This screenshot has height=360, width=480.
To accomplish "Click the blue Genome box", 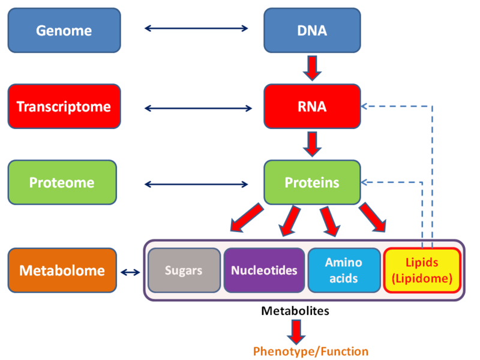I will coord(64,30).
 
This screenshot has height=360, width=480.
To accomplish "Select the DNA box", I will coord(312,30).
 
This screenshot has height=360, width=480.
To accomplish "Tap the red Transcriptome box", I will coord(64,107).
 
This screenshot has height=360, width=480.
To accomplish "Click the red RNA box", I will coord(312,107).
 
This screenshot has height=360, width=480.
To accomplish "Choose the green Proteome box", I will coord(62,182).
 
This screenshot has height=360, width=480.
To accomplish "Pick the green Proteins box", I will coord(312,182).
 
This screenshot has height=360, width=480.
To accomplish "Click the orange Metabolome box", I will coord(62,271).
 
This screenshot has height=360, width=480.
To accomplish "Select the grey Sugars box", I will coord(184,271).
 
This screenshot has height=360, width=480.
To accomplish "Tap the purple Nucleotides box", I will coord(264,271).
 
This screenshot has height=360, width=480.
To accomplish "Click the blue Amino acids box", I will coord(344,271).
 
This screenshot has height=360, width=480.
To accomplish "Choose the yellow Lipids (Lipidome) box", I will coord(422,271).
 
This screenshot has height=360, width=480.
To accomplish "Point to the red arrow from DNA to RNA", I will coord(313,68).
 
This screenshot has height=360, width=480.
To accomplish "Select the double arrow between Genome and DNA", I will coord(197,28).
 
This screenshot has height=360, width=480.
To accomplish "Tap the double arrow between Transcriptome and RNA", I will coord(199,109).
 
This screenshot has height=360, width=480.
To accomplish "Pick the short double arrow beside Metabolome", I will coord(130,272).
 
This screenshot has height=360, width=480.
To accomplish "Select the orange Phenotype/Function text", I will coord(311,351).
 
